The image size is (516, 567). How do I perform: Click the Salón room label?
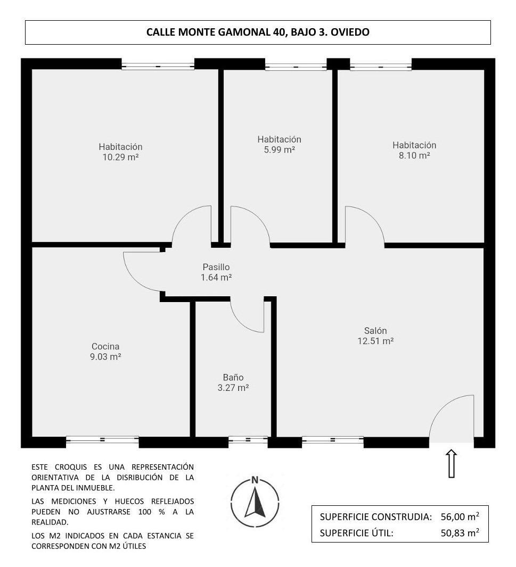[375, 330]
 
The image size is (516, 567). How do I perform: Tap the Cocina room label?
[105, 346]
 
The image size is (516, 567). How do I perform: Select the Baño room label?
[233, 377]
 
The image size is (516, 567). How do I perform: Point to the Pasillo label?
[216, 267]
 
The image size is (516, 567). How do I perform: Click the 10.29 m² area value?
[120, 157]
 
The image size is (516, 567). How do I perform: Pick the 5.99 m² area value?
[279, 150]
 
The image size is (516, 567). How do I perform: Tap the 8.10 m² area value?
[414, 156]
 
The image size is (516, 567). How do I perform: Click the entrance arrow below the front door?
[451, 463]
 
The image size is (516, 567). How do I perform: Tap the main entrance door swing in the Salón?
[452, 419]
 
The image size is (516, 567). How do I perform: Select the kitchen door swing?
[143, 271]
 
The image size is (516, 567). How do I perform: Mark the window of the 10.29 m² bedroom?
[158, 66]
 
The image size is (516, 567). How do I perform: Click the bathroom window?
[248, 440]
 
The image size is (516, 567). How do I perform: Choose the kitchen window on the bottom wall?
[102, 440]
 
